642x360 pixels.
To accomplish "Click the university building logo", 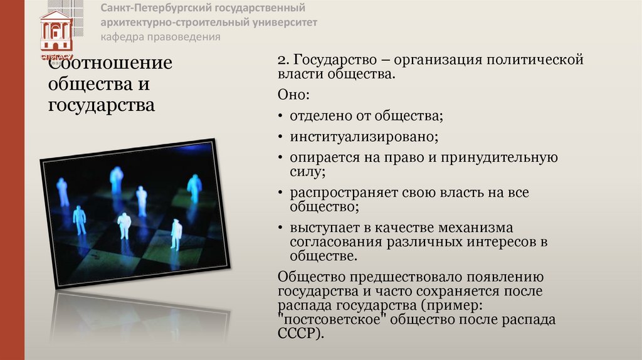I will coord(56,31).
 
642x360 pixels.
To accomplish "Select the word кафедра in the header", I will coord(123,36).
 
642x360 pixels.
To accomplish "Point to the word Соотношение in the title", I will coord(110,63).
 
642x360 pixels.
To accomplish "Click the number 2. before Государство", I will coord(283,60).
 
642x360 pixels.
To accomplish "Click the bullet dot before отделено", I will coord(280,116).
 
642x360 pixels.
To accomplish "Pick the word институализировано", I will coord(363,136).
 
